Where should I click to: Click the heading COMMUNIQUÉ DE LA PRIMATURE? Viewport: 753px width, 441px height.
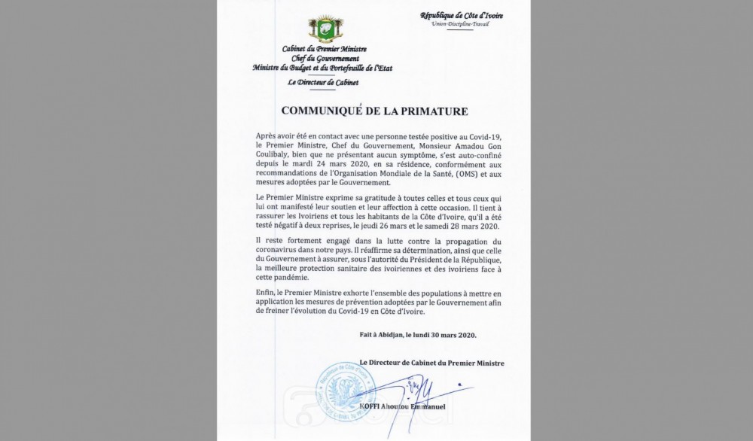click(374, 111)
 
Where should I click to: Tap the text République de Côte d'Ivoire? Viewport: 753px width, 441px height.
click(461, 16)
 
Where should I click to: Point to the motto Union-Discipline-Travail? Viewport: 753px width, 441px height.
click(460, 25)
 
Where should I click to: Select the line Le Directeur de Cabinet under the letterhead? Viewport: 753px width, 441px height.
click(322, 82)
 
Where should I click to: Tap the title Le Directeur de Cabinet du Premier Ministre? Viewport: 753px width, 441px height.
click(431, 363)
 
